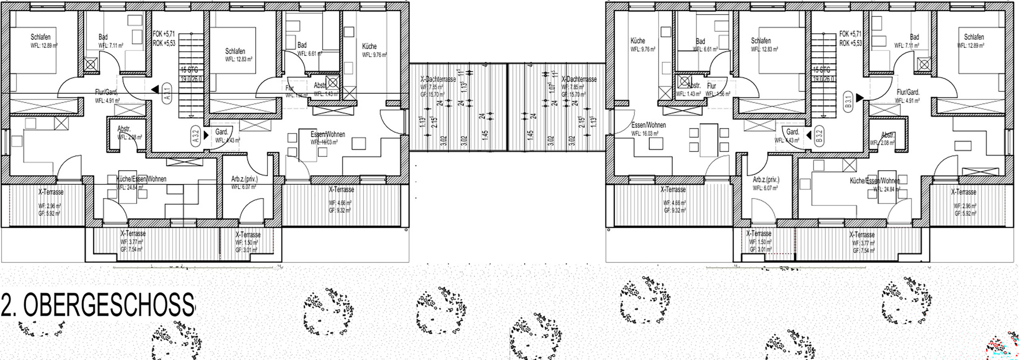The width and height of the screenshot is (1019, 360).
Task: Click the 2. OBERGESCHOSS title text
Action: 98,306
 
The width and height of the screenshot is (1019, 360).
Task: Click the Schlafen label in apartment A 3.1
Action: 40,37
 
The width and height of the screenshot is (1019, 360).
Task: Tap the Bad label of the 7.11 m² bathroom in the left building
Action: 103,37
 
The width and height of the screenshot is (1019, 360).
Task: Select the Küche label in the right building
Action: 638,41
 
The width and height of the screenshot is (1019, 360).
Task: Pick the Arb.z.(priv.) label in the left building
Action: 244,179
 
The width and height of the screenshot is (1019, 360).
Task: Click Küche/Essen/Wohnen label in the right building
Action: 875,181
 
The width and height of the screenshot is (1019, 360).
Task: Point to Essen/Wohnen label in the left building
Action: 328,134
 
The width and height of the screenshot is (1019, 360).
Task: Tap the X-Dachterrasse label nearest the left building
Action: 438,79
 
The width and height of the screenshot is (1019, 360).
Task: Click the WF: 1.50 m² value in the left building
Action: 246,243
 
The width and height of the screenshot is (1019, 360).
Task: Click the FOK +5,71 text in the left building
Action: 164,34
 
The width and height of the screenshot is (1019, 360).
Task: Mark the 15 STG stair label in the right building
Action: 822,70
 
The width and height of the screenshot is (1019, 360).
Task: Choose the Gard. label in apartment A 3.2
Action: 222,132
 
